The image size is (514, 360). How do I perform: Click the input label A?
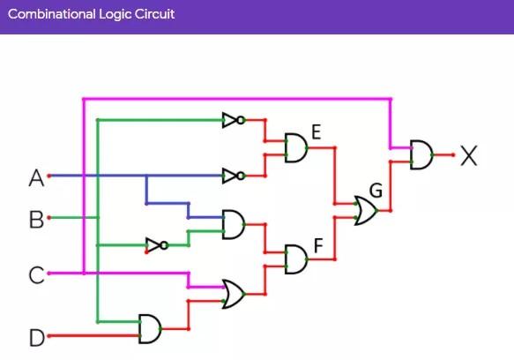point(36,178)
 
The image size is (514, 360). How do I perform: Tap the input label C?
point(36,275)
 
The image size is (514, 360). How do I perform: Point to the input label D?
point(36,337)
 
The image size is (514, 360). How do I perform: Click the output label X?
point(468,157)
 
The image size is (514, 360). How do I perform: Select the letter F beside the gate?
point(318,244)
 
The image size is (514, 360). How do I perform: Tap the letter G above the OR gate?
point(376,191)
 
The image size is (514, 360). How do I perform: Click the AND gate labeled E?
point(295,148)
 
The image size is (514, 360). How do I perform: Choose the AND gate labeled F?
point(296,259)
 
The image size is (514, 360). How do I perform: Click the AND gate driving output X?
point(421,155)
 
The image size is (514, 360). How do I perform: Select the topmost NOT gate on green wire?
point(232,120)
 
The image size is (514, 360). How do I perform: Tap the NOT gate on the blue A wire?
point(232,176)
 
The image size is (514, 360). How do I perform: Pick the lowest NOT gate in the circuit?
point(156,245)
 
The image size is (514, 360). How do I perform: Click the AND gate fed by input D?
point(150,329)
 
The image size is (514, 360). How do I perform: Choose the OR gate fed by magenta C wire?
point(234,294)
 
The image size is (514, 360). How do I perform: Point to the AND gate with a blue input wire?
point(234,224)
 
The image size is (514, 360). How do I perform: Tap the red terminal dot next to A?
point(49,176)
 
